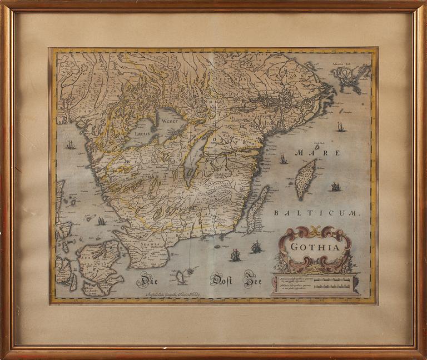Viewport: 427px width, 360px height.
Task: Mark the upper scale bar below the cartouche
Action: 331,279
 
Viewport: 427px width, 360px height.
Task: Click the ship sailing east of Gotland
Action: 335,187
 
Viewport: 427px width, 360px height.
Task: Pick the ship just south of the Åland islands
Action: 340,127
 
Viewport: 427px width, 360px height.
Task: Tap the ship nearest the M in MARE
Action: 284,159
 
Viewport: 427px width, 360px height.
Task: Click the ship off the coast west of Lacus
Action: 71,145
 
